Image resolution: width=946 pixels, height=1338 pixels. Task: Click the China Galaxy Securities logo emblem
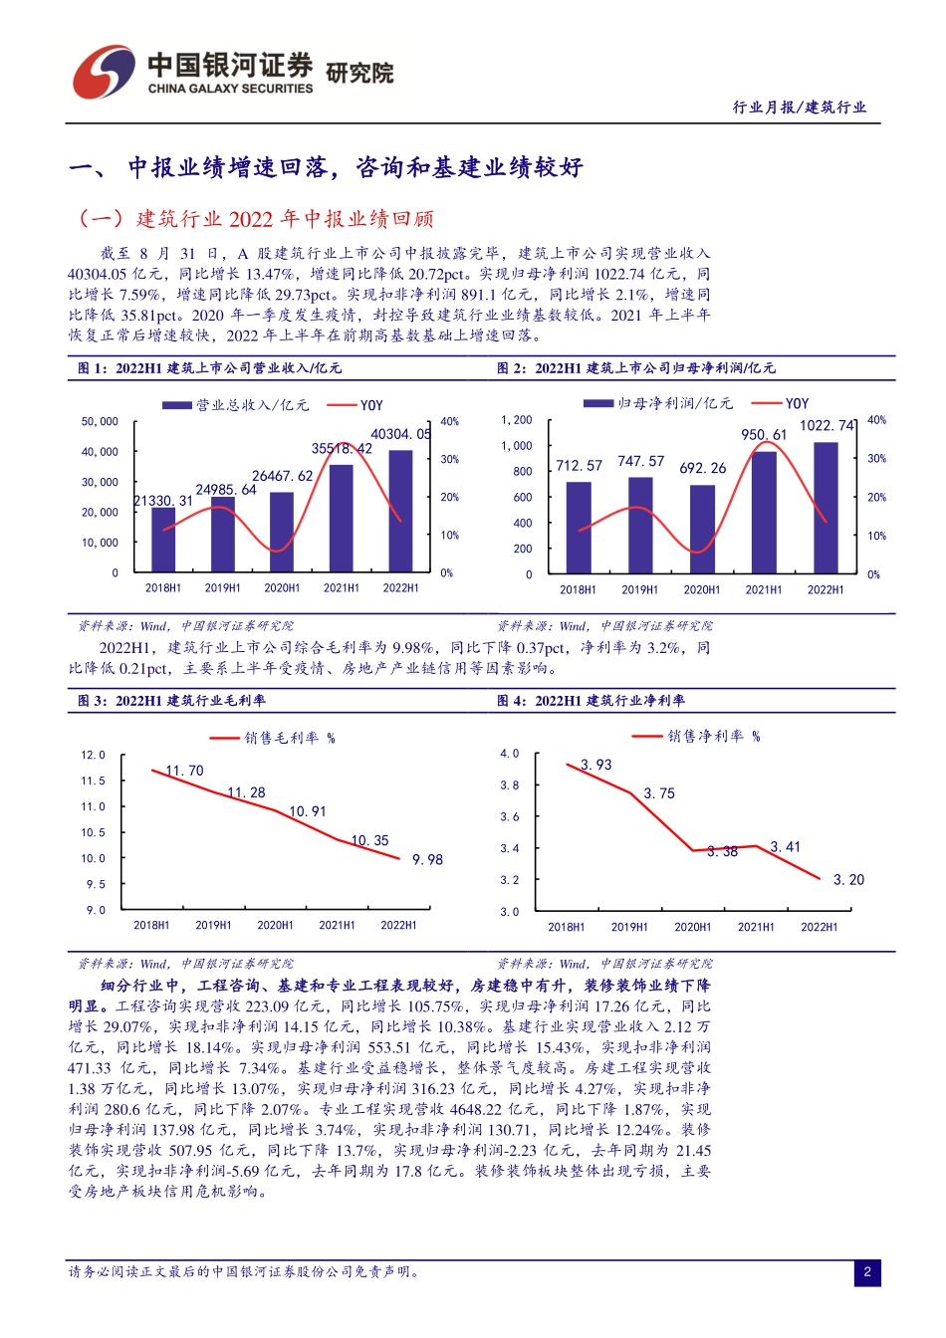(103, 72)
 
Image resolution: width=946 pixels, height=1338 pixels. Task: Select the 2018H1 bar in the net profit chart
(579, 528)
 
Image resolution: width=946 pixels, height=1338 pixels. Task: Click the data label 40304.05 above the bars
(400, 434)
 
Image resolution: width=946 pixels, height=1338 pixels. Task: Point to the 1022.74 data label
(828, 425)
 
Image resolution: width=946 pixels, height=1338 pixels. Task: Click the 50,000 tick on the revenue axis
(100, 422)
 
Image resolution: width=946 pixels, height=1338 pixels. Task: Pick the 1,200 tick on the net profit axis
(517, 420)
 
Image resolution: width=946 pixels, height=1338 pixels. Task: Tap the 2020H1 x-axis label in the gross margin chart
(275, 925)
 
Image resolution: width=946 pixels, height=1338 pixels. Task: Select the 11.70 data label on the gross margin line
(184, 771)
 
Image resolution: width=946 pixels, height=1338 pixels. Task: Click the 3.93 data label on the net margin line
(595, 765)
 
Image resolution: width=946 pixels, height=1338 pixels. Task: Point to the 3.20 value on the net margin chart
(848, 880)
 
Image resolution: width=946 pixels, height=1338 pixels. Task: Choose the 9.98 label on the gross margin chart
(427, 860)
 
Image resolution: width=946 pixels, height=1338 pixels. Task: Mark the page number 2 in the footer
(867, 1271)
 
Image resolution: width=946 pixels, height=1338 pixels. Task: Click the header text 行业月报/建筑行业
(800, 108)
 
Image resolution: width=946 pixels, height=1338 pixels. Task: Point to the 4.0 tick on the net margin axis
(509, 754)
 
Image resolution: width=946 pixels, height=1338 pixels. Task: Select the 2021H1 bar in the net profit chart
(764, 513)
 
